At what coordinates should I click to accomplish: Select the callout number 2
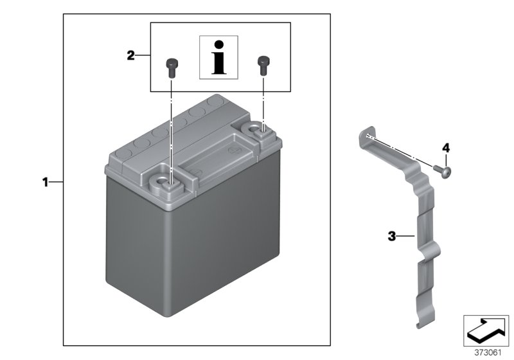pos(130,56)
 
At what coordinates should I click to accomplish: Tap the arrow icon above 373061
pos(486,330)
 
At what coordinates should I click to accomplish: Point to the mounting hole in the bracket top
pos(366,136)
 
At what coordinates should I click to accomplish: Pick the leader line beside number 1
pos(56,183)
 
